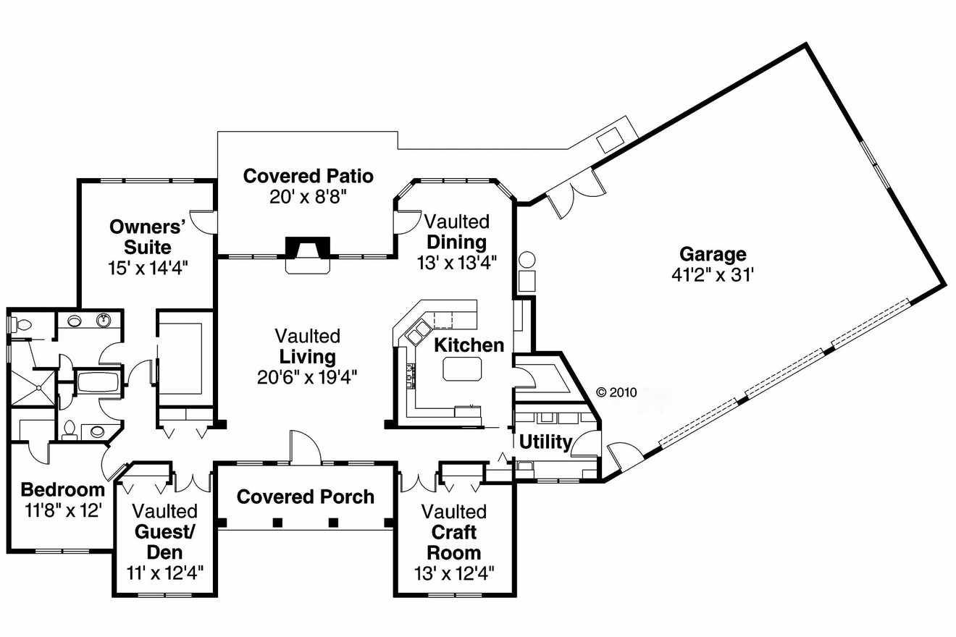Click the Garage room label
[x=712, y=254]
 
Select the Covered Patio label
[x=308, y=176]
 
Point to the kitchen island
[x=462, y=370]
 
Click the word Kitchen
[x=469, y=345]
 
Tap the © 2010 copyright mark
[x=616, y=392]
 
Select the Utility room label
[x=545, y=442]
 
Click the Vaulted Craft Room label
[x=454, y=533]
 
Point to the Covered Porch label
[x=305, y=497]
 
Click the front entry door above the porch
[x=304, y=449]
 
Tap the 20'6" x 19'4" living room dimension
[x=307, y=376]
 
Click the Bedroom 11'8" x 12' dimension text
[x=62, y=510]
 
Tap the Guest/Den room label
[x=165, y=541]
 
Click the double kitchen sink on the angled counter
[x=419, y=333]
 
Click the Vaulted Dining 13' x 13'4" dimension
[x=456, y=262]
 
